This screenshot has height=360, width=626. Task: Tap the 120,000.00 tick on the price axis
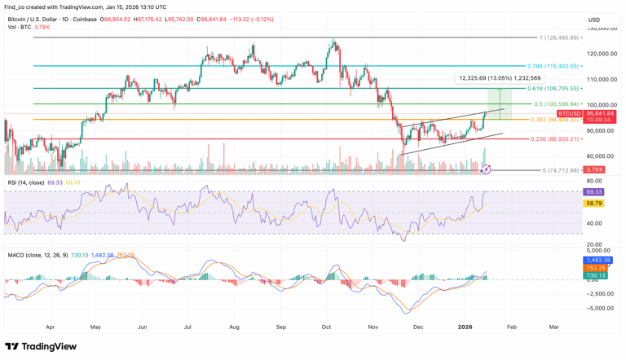pos(601,54)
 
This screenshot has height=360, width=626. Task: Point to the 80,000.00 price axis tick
pos(601,156)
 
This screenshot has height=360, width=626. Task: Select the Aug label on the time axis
pos(235,327)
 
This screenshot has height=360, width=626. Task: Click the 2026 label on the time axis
pos(465,327)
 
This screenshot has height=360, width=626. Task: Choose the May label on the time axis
pos(96,327)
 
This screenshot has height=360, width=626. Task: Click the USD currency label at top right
pos(594,20)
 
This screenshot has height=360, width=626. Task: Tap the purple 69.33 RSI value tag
pos(594,192)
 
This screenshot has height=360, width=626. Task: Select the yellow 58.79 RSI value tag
pos(594,204)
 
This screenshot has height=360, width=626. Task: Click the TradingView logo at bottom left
pos(41,347)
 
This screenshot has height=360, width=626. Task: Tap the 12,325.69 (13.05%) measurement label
pos(500,78)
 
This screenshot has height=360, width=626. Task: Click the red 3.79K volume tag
pos(594,169)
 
